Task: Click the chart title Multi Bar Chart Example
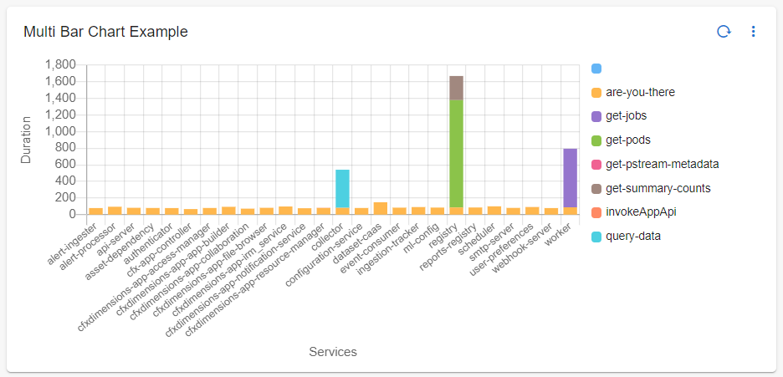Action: [x=105, y=32]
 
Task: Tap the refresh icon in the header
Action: [x=724, y=32]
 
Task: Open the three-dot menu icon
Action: [x=753, y=32]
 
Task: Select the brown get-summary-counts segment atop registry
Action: [x=456, y=88]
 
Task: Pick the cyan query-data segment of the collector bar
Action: [x=342, y=188]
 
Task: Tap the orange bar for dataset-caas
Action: [x=380, y=208]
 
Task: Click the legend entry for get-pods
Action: [x=627, y=140]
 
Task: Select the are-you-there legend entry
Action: [x=640, y=92]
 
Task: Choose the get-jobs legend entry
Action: [x=626, y=115]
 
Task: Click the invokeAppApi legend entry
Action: [x=640, y=211]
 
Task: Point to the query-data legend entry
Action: [x=633, y=236]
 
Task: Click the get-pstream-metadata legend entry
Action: [x=661, y=164]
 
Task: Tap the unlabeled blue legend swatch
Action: [x=596, y=69]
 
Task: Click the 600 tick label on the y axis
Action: [x=64, y=165]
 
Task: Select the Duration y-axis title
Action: [x=27, y=140]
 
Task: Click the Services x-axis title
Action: [x=333, y=352]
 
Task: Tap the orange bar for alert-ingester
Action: [x=95, y=211]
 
